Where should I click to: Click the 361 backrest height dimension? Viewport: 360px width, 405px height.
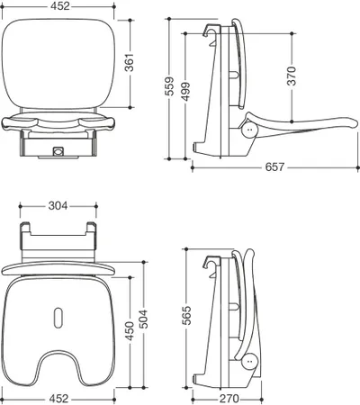(x=130, y=63)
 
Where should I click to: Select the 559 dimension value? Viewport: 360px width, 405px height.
(x=169, y=86)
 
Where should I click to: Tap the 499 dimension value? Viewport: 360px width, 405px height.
(x=185, y=91)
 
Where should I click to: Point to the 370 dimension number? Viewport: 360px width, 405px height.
(x=292, y=76)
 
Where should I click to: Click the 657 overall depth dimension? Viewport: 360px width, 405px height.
(x=274, y=166)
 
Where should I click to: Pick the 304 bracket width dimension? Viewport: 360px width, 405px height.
(x=58, y=206)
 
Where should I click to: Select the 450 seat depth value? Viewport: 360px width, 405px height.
(x=130, y=331)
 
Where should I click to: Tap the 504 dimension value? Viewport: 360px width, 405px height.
(x=144, y=319)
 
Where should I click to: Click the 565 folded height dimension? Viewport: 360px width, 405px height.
(x=186, y=315)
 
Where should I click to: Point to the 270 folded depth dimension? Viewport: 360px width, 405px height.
(x=229, y=399)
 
